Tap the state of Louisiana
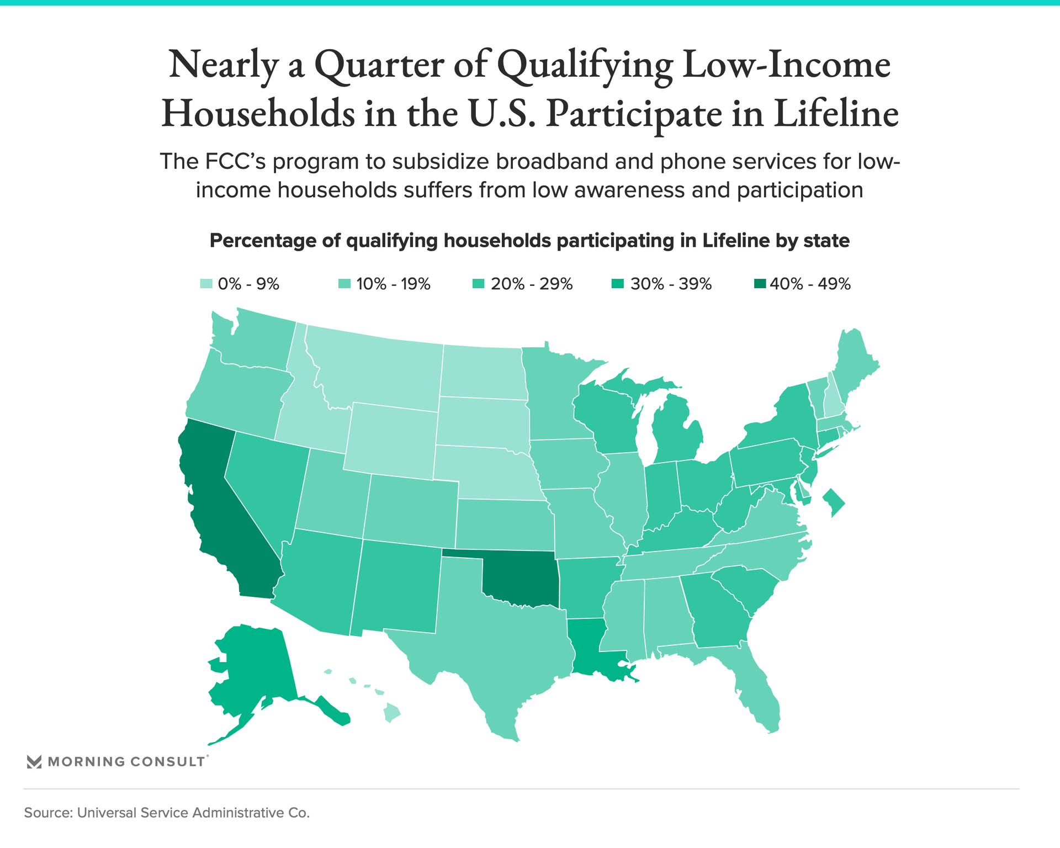pos(593,649)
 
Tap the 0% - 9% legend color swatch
pos(206,284)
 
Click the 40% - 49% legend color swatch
pos(760,284)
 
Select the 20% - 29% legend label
pos(532,284)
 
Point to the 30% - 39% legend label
pos(671,284)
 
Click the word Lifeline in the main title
pos(836,113)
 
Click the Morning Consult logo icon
pos(34,762)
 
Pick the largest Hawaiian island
pos(392,712)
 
